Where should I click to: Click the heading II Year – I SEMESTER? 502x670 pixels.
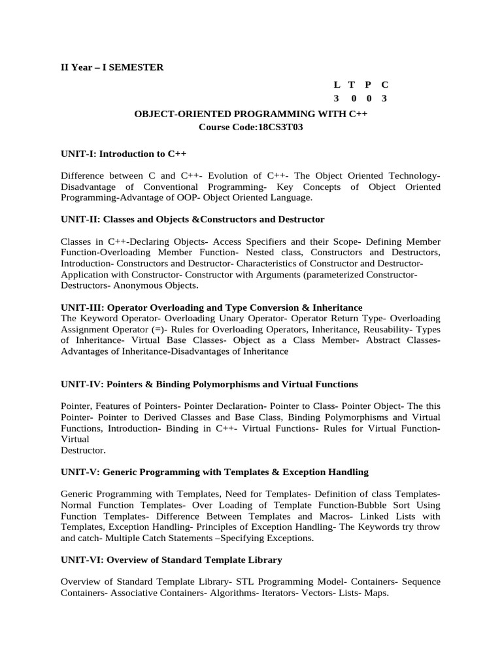(112, 67)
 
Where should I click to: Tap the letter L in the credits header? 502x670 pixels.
(337, 84)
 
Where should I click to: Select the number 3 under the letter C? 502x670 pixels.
(384, 98)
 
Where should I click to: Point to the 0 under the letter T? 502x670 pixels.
(353, 98)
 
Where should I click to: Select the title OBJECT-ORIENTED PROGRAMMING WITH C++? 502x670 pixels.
(251, 113)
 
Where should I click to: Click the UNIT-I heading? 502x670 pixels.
(78, 153)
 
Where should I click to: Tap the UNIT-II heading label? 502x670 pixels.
(80, 219)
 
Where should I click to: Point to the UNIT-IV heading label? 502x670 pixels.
(82, 383)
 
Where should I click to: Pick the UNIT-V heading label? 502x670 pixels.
(80, 471)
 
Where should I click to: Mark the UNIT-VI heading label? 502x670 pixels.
(82, 559)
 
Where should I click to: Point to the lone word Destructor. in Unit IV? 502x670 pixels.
(82, 450)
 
